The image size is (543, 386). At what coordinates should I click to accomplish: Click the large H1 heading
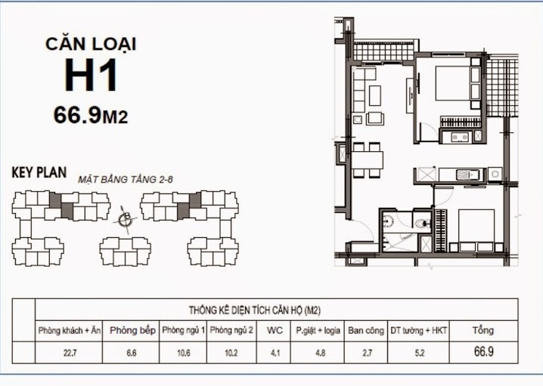tap(91, 76)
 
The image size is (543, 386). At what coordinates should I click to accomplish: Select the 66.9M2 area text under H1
tap(89, 115)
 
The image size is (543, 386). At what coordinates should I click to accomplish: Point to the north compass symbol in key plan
tap(126, 220)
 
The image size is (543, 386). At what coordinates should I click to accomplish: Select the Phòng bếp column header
tap(132, 330)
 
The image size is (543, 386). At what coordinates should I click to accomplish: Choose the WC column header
tap(275, 330)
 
